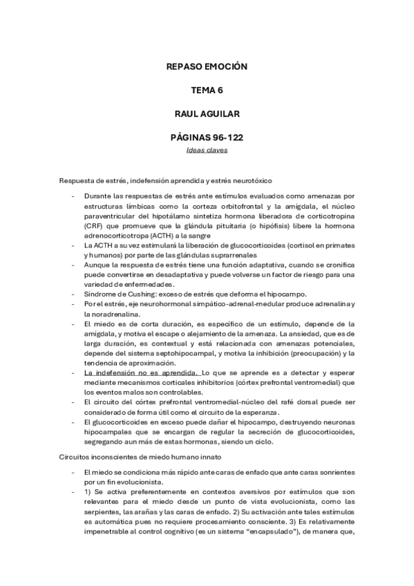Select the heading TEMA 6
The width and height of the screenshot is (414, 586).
click(207, 90)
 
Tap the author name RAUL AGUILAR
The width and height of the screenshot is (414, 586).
click(207, 113)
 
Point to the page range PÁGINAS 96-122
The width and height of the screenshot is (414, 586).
click(207, 137)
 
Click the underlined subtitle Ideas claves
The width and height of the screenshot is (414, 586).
click(207, 149)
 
